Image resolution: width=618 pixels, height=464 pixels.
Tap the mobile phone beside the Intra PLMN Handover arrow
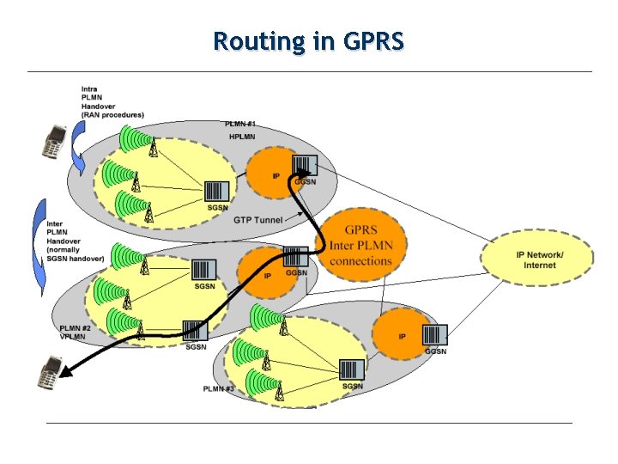pyautogui.click(x=55, y=141)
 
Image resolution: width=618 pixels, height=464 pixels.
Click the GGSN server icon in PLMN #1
pyautogui.click(x=305, y=165)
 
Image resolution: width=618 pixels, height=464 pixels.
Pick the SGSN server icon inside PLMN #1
pyautogui.click(x=217, y=192)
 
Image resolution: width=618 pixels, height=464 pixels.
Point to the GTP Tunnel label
pyautogui.click(x=257, y=220)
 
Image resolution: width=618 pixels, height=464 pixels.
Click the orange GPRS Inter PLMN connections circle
pyautogui.click(x=360, y=246)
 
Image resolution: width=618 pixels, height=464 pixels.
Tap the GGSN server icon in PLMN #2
pyautogui.click(x=295, y=256)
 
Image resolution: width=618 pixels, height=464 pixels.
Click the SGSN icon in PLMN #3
pyautogui.click(x=351, y=370)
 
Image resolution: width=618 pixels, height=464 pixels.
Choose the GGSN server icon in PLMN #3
pyautogui.click(x=435, y=335)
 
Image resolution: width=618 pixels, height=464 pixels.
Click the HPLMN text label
pyautogui.click(x=241, y=137)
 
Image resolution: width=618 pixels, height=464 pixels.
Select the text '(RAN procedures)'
pyautogui.click(x=112, y=115)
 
